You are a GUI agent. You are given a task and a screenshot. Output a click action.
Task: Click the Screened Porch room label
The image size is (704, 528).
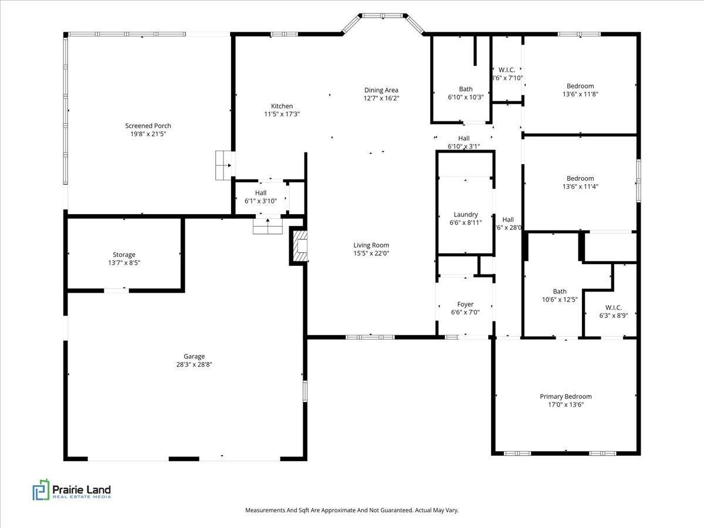pyautogui.click(x=148, y=126)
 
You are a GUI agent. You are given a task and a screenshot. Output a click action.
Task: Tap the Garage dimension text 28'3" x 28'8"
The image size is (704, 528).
pyautogui.click(x=194, y=364)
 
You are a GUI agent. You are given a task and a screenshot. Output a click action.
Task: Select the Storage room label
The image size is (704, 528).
pyautogui.click(x=124, y=255)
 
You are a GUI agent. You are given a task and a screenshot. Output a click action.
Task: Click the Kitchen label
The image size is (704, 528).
pyautogui.click(x=282, y=106)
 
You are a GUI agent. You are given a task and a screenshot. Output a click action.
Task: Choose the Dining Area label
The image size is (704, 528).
pyautogui.click(x=381, y=90)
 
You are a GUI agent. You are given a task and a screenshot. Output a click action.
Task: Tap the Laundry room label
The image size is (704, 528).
pyautogui.click(x=466, y=215)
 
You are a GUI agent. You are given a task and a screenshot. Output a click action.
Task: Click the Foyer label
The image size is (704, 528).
pyautogui.click(x=465, y=304)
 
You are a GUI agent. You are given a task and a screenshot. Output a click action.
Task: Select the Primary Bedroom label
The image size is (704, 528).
pyautogui.click(x=566, y=397)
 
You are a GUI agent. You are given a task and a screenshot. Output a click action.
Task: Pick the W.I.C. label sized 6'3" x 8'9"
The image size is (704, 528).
pyautogui.click(x=614, y=307)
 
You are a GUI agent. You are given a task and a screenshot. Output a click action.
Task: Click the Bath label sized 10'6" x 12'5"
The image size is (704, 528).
pyautogui.click(x=560, y=292)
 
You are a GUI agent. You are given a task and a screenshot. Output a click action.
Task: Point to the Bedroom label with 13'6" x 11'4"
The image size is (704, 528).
pyautogui.click(x=580, y=178)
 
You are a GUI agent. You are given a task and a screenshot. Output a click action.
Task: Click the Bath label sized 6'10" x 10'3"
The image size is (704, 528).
pyautogui.click(x=466, y=89)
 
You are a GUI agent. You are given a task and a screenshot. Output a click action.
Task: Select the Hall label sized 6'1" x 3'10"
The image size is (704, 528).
pyautogui.click(x=260, y=193)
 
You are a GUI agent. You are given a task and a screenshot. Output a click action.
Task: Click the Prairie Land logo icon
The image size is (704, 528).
pyautogui.click(x=40, y=490)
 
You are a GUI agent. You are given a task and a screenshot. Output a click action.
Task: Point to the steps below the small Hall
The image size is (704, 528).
pyautogui.click(x=268, y=226)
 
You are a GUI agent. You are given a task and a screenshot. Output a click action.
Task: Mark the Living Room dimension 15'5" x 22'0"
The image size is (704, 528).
pyautogui.click(x=371, y=253)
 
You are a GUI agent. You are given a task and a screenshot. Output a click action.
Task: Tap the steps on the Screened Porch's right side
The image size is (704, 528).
pyautogui.click(x=224, y=165)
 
